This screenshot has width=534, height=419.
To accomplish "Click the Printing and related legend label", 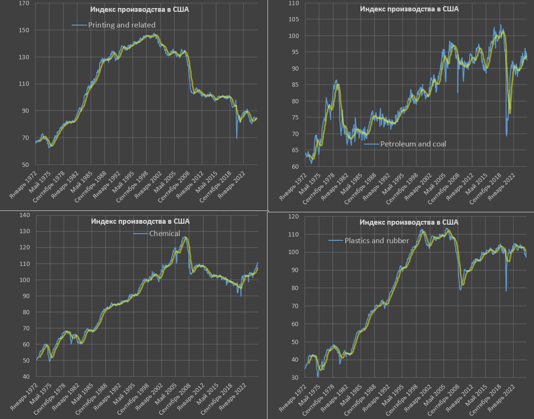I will (122, 25).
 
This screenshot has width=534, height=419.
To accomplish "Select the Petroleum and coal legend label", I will (413, 144).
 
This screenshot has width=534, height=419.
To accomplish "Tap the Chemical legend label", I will (165, 233).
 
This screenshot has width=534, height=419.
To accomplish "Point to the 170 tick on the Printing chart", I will (23, 3).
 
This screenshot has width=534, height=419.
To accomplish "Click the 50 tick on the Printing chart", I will (25, 165).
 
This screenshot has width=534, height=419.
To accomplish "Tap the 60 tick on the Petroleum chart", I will (295, 166).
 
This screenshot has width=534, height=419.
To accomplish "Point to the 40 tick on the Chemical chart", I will (25, 377).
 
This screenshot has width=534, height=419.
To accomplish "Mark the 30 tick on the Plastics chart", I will (295, 378).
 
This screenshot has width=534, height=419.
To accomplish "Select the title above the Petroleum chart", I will (409, 9).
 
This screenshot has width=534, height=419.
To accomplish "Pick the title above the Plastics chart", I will (409, 222).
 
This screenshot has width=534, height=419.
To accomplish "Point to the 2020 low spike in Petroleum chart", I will (506, 135).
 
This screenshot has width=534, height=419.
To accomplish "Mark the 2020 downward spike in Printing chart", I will (237, 137).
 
